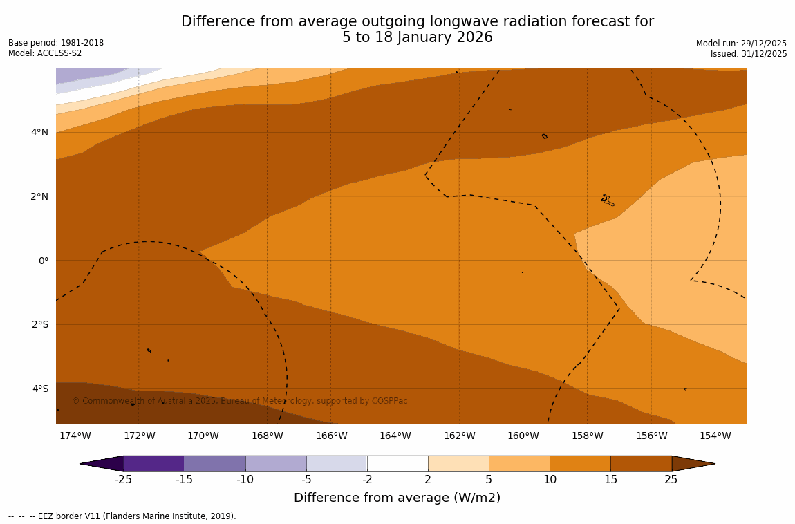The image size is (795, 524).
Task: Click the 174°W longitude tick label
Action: tap(75, 436)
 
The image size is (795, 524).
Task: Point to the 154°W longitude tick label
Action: tap(715, 436)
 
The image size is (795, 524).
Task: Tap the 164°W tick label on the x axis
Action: tap(395, 436)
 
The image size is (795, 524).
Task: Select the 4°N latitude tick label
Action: tap(39, 132)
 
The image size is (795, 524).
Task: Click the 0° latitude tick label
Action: tap(43, 261)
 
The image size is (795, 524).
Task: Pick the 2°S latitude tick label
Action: tap(39, 324)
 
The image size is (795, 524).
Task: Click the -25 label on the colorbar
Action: tap(123, 479)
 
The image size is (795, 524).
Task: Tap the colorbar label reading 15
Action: tap(610, 479)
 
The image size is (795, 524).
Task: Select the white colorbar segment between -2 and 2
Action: tap(397, 463)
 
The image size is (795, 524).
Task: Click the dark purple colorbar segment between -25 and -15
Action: tap(153, 463)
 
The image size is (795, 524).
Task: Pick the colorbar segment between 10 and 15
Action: tap(580, 463)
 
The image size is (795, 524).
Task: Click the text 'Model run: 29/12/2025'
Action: tap(741, 44)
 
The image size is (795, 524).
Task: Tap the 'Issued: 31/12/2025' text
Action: tap(749, 54)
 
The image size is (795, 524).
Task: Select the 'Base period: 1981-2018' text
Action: tap(56, 43)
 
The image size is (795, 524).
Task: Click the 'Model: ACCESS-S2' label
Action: tap(45, 53)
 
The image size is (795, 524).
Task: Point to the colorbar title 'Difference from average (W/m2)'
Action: tap(397, 498)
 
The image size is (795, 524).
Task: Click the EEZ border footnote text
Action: tap(122, 516)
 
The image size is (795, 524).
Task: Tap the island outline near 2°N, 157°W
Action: tap(607, 200)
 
